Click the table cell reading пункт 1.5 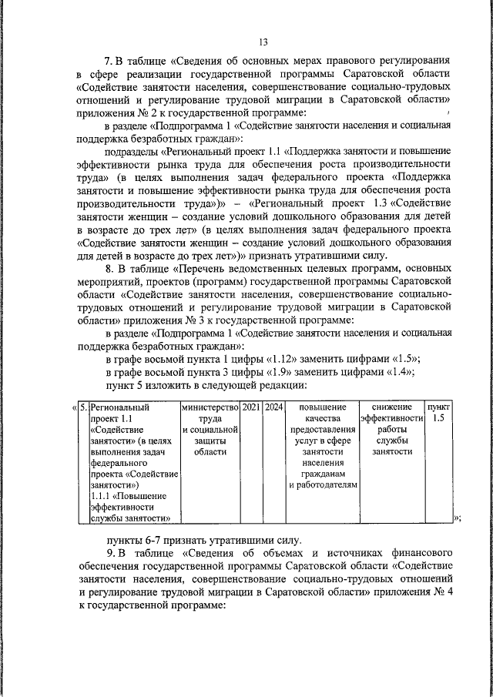pos(439,413)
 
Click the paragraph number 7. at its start pos(109,59)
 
